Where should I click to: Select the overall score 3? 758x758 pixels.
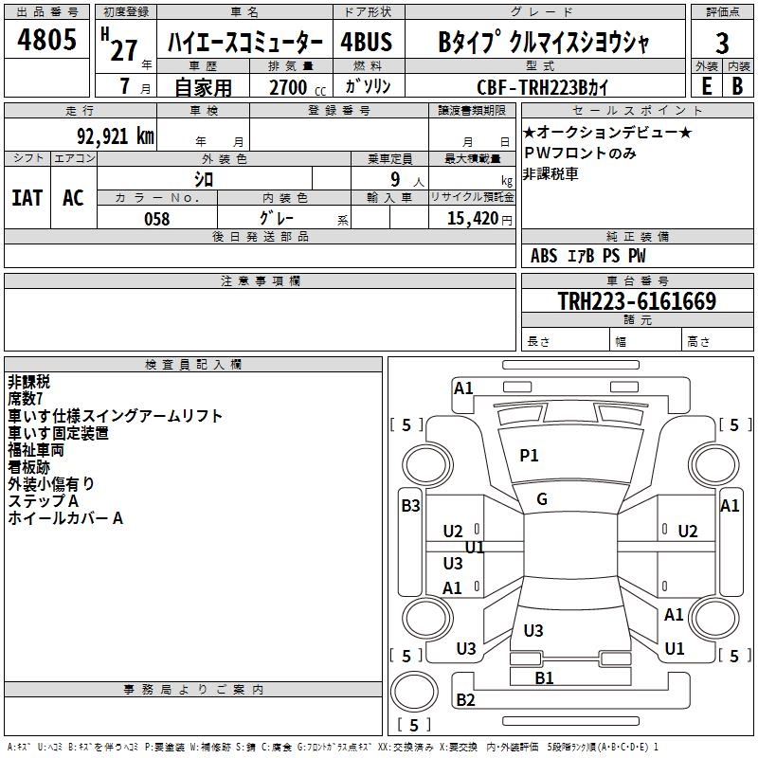tap(722, 45)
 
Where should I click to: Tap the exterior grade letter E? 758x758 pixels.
tap(706, 85)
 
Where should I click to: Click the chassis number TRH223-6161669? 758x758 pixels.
tap(636, 301)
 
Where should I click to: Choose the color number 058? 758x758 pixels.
tap(156, 218)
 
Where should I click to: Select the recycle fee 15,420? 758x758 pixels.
tap(471, 218)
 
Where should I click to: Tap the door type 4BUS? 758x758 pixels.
tap(367, 43)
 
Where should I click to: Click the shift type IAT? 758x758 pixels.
tap(27, 198)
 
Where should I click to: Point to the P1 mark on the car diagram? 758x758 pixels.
tap(529, 456)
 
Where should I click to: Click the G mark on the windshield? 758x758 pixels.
tap(542, 499)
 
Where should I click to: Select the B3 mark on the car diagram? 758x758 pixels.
tap(410, 506)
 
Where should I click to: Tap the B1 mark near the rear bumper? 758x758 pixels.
tap(544, 677)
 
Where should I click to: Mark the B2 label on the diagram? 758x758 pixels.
tap(466, 700)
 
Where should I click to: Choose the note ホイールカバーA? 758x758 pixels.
tap(65, 518)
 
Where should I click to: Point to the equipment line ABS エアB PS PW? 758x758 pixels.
tap(588, 256)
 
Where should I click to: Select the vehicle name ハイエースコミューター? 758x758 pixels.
tap(244, 44)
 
